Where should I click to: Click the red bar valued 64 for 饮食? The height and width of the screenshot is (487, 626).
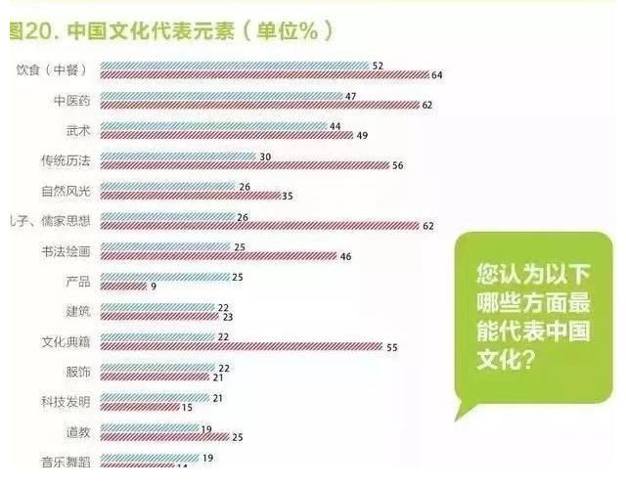point(264,74)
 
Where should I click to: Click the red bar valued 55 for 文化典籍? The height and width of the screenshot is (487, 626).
point(241,347)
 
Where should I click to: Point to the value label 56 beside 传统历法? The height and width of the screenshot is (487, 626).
point(398,166)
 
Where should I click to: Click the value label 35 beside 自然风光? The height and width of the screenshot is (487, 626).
point(287,197)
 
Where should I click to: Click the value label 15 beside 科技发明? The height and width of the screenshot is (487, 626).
point(187,408)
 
